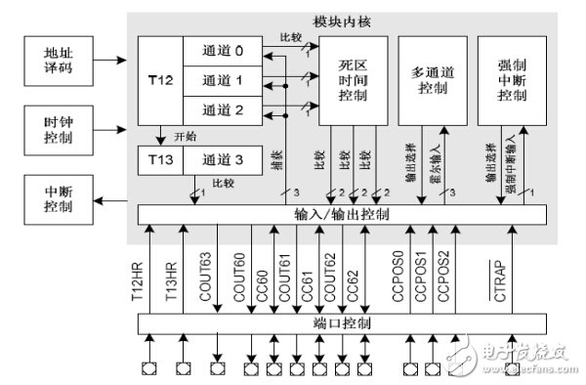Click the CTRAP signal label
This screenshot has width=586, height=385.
coord(500,281)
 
